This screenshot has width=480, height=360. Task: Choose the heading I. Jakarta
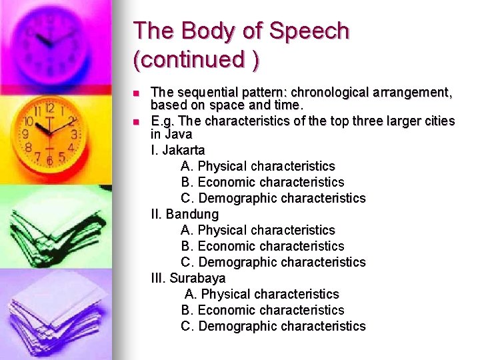[178, 150]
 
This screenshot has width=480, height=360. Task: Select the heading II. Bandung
[185, 214]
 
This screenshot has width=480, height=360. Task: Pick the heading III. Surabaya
[188, 278]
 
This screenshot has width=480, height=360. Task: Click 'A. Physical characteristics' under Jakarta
[257, 166]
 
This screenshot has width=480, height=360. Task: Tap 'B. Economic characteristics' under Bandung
[262, 246]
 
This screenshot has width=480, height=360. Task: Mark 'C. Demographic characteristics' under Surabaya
[273, 326]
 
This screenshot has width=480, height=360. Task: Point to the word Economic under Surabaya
[227, 310]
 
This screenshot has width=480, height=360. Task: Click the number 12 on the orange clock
[49, 108]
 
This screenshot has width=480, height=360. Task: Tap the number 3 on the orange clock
[75, 134]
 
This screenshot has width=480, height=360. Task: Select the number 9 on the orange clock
[26, 133]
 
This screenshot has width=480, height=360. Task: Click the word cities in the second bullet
[438, 121]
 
